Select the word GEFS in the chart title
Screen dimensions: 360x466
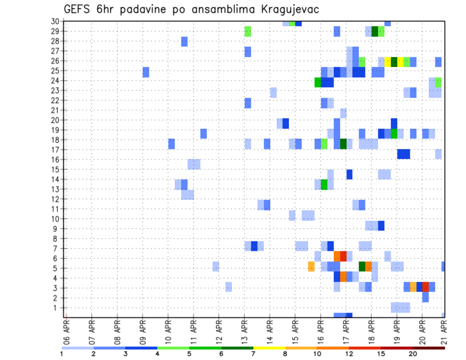(78, 10)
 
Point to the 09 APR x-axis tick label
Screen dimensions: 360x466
(143, 329)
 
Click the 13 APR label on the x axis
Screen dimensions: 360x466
(244, 329)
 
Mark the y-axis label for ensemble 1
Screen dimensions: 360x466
(57, 308)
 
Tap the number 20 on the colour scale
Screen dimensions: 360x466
(413, 353)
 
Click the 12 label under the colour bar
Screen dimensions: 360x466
(349, 353)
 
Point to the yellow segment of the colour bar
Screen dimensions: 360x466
(269, 347)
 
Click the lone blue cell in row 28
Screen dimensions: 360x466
(184, 42)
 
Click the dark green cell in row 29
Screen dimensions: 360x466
(375, 32)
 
